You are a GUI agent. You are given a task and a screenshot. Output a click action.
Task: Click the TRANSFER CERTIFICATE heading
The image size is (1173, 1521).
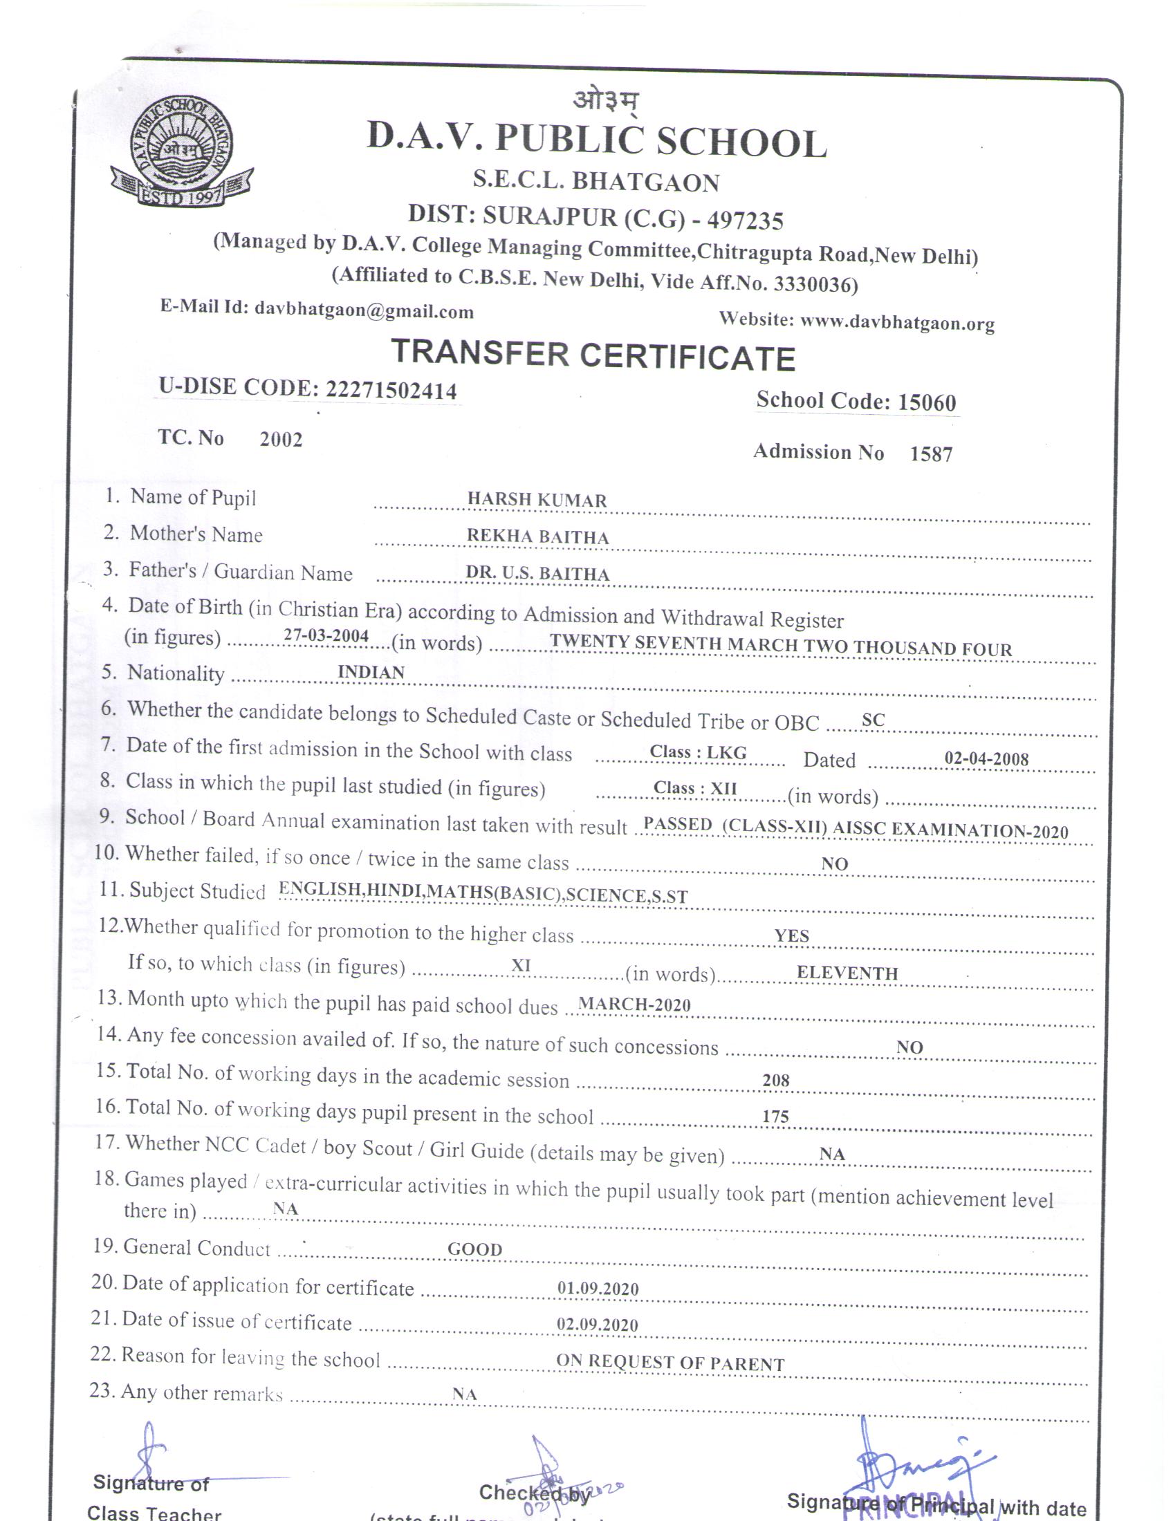point(593,355)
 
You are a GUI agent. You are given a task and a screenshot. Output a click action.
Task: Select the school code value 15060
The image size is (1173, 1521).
point(926,402)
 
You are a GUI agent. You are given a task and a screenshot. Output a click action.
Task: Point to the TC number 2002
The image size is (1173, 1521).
point(281,440)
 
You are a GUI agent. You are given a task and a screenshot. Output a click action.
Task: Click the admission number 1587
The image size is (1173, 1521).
point(931,454)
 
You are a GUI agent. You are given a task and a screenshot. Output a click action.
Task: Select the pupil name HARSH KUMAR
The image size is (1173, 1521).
point(536,499)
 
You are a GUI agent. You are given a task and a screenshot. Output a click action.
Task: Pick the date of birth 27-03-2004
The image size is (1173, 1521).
point(326,635)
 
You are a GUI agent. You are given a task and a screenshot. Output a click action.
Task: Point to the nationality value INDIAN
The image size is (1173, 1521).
point(371,672)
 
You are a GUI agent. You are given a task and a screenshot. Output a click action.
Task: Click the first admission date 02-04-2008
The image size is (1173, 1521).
point(986,758)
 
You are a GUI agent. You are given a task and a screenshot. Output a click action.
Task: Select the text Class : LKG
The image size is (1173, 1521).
point(697,752)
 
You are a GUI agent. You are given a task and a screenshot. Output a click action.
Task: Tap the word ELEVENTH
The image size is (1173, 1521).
point(847,973)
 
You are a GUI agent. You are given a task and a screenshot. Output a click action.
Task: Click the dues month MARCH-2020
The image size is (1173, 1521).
point(634,1005)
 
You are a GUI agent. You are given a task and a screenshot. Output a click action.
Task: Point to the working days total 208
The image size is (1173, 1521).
point(775,1080)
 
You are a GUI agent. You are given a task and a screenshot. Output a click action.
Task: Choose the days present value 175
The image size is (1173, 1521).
point(775,1117)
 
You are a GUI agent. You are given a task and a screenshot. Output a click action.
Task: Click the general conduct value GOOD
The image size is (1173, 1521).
point(474,1249)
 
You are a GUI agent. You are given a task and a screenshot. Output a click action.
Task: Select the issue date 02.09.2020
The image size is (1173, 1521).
point(597,1325)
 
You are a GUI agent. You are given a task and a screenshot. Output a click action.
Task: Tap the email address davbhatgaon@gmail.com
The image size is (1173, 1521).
point(364,310)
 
